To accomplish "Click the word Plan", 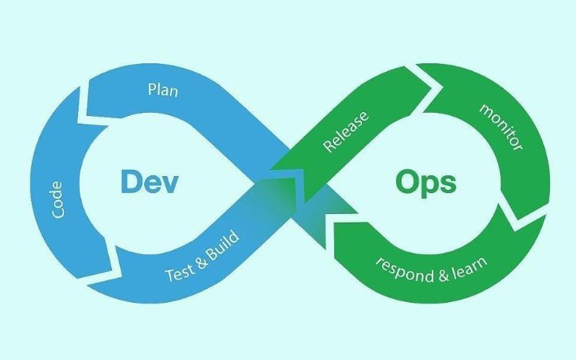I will (x=163, y=90).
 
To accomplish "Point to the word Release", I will (x=344, y=132).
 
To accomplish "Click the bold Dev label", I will (x=150, y=182).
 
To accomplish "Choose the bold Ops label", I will (x=425, y=184).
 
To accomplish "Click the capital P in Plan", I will (x=151, y=90).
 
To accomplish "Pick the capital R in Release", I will (x=328, y=147).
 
